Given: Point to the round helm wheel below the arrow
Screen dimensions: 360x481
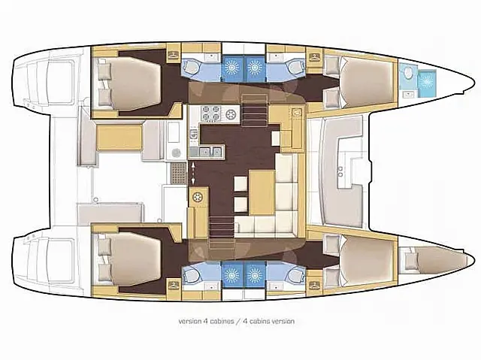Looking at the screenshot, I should (x=198, y=198).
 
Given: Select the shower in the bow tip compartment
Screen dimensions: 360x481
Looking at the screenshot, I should (x=428, y=80).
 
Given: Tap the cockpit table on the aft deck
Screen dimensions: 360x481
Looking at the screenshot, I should (x=119, y=138).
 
